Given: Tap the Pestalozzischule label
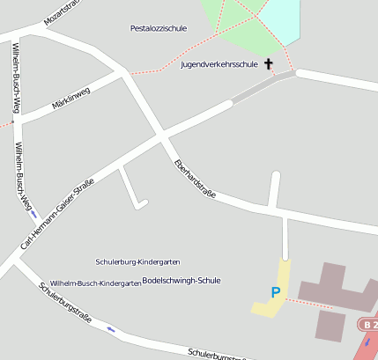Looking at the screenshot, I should tap(158, 29).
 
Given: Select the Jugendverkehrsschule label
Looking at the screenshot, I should tap(219, 64).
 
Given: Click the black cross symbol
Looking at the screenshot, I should tap(268, 64).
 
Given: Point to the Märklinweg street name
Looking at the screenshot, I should tap(71, 97).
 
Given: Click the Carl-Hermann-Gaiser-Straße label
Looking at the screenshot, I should tap(57, 212).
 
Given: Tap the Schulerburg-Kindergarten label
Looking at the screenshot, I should tap(137, 262).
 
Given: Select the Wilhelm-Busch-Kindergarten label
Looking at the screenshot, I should tap(95, 283).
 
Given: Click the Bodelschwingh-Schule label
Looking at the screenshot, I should tap(181, 280).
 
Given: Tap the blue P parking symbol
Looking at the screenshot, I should tap(276, 292).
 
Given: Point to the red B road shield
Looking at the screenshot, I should tap(368, 325).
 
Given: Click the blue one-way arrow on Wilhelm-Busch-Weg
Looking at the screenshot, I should tap(33, 214).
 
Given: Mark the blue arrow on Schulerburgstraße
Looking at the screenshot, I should tap(110, 329).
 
